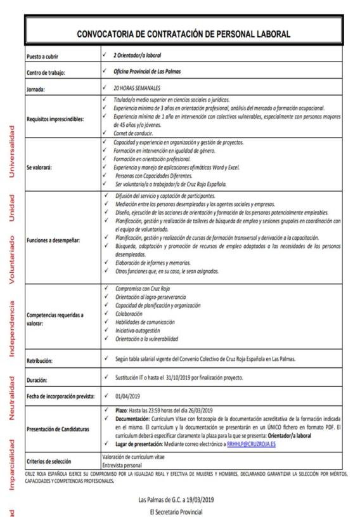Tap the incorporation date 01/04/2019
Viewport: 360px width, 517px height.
(127, 396)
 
